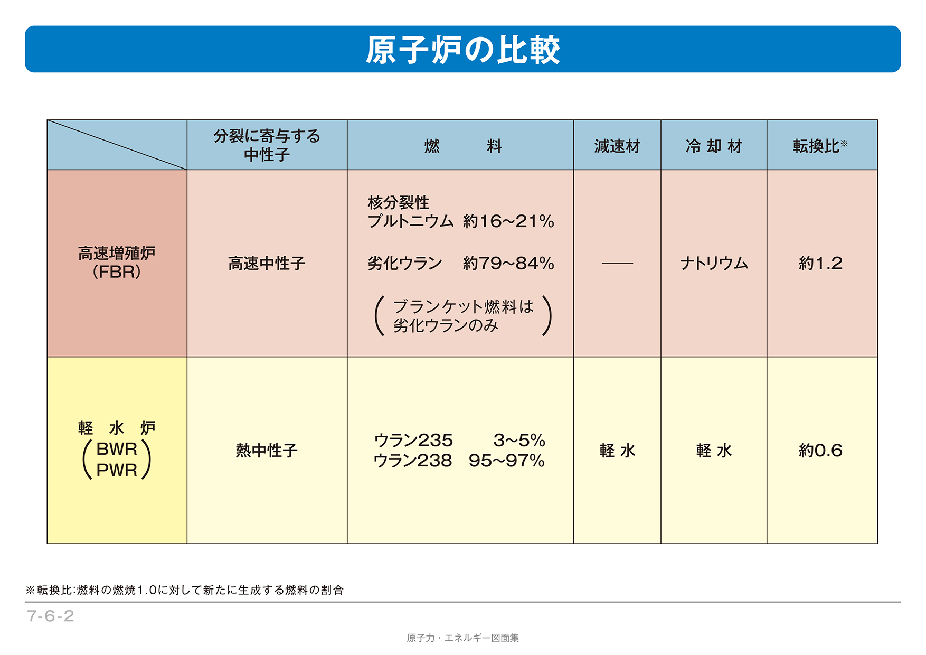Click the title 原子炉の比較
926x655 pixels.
(x=462, y=50)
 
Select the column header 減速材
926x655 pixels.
(x=617, y=146)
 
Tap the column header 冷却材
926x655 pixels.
(x=713, y=146)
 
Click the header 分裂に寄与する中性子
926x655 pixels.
(x=267, y=145)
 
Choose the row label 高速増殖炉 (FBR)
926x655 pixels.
(x=117, y=263)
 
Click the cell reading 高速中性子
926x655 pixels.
(x=267, y=263)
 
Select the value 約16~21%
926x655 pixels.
(x=508, y=221)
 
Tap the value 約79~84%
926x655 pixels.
(x=508, y=263)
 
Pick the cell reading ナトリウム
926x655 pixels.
(x=713, y=263)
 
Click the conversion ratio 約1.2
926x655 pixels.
(x=820, y=263)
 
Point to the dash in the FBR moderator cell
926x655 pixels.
(x=617, y=263)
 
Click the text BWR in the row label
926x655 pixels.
(x=117, y=449)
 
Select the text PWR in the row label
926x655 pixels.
(x=117, y=470)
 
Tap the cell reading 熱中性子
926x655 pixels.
(x=267, y=451)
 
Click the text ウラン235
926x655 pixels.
(x=413, y=440)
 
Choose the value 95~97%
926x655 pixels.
(x=506, y=461)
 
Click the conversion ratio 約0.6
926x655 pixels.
(x=820, y=451)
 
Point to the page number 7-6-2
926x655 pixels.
(x=51, y=616)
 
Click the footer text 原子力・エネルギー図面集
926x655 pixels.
(x=462, y=638)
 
